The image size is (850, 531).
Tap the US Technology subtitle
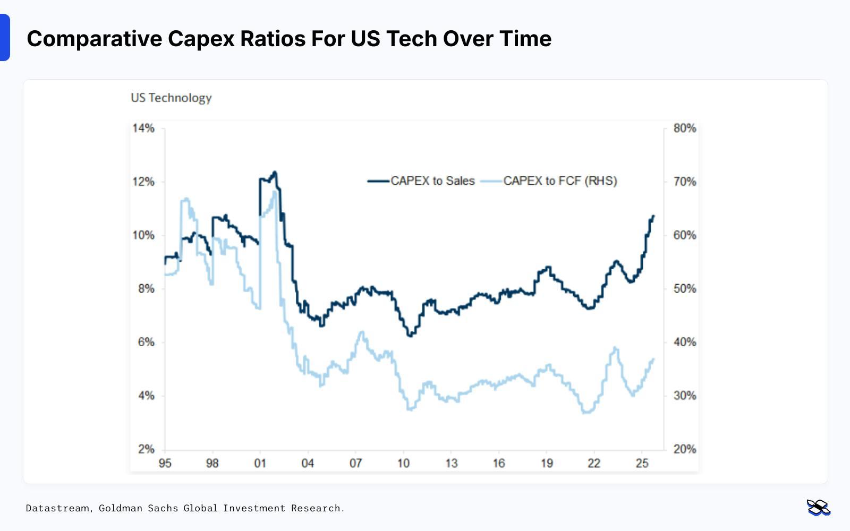171,98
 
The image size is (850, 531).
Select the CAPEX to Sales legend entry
421,181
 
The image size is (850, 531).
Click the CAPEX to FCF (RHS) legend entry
549,181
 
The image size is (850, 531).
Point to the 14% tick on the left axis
143,128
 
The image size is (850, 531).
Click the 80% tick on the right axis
684,128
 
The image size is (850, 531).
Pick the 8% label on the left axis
146,289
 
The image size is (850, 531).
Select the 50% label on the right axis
684,289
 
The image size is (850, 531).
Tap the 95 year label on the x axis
165,463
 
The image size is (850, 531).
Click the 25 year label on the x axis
642,463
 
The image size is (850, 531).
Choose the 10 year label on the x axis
403,463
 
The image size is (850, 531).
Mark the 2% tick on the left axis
146,449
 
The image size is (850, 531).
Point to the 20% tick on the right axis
684,449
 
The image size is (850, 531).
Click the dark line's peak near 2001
274,172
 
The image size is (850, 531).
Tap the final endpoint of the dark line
653,216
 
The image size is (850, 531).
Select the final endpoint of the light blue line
653,359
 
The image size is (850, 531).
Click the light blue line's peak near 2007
362,332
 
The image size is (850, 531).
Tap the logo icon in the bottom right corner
818,508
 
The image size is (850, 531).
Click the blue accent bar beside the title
5,38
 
